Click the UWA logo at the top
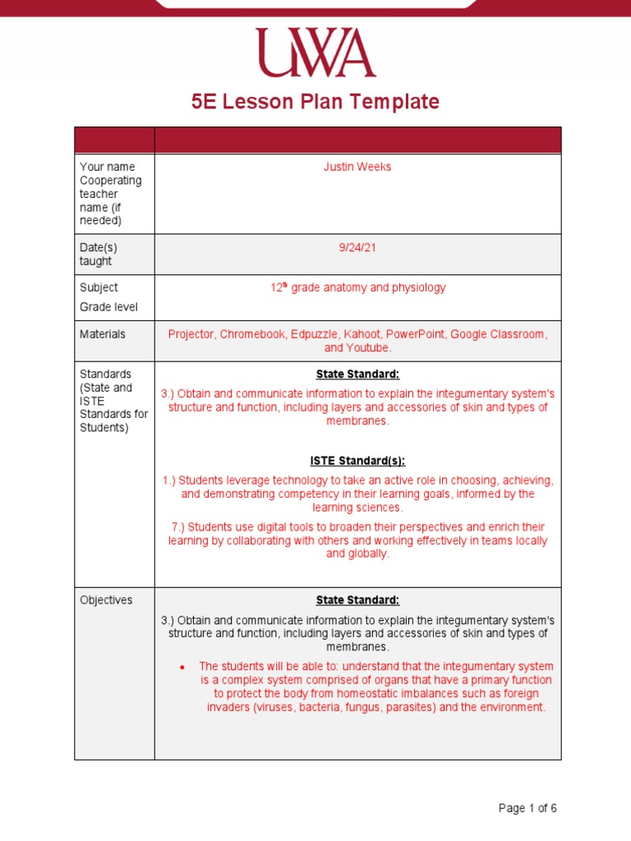pos(315,53)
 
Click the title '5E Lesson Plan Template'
pos(315,102)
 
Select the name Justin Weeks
pos(357,167)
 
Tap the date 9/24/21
pos(357,248)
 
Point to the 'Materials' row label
pos(103,334)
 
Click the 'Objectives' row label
pos(106,600)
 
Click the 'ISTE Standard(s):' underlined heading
pos(357,461)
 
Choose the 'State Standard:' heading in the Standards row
pos(357,375)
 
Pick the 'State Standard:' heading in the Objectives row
pos(357,600)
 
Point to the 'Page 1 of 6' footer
pos(527,808)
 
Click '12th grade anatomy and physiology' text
pos(357,288)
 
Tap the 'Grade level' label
pos(108,307)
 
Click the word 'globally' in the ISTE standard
pos(367,554)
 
